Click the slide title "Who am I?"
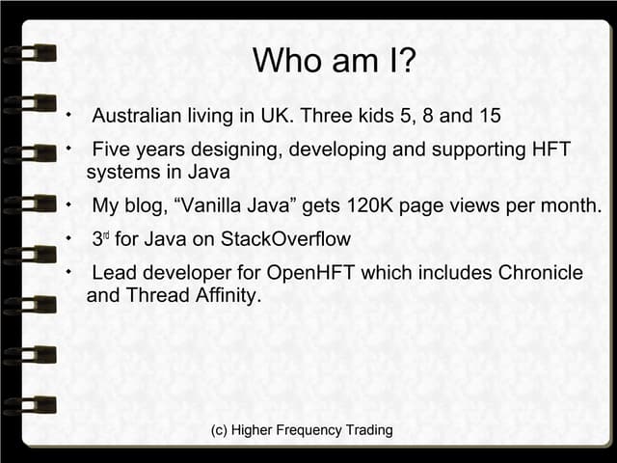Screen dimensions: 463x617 point(335,62)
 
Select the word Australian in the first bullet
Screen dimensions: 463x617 point(137,117)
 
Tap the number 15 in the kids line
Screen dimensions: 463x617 point(490,117)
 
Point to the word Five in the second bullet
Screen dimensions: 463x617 point(113,150)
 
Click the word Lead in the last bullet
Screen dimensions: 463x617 point(114,273)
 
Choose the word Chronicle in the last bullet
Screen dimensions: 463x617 point(540,273)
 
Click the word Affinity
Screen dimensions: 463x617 point(222,295)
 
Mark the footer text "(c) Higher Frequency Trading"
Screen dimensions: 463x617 point(302,430)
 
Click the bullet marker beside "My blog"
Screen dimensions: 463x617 point(68,205)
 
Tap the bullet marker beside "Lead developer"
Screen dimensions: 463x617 point(68,272)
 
